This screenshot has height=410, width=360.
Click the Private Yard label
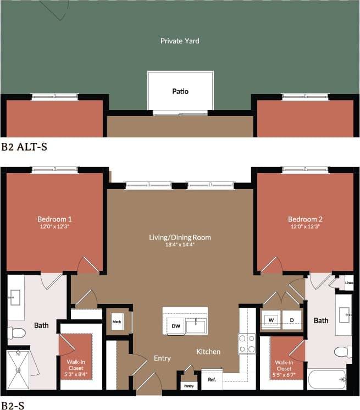pos(180,41)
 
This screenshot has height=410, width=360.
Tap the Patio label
pos(180,91)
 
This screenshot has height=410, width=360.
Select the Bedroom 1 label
pos(54,219)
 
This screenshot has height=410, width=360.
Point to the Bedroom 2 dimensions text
pos(304,226)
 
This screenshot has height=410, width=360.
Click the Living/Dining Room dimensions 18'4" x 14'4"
pos(180,245)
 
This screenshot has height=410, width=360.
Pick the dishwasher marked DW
pos(175,326)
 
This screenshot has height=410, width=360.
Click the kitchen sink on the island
pos(196,326)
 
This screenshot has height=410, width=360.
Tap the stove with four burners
pos(247,343)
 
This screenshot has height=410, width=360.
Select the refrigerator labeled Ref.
pos(211,380)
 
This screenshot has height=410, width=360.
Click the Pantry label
pos(189,385)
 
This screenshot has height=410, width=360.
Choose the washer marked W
pos(271,320)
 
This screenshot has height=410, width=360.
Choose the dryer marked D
pos(292,320)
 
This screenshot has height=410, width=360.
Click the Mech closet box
pos(117,322)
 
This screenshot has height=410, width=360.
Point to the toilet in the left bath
pos(17,333)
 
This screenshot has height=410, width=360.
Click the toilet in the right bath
pos(344,352)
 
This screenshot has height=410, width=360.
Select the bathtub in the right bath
pos(327,379)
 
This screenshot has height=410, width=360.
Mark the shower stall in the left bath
pos(18,370)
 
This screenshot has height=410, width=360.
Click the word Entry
pos(162,358)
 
